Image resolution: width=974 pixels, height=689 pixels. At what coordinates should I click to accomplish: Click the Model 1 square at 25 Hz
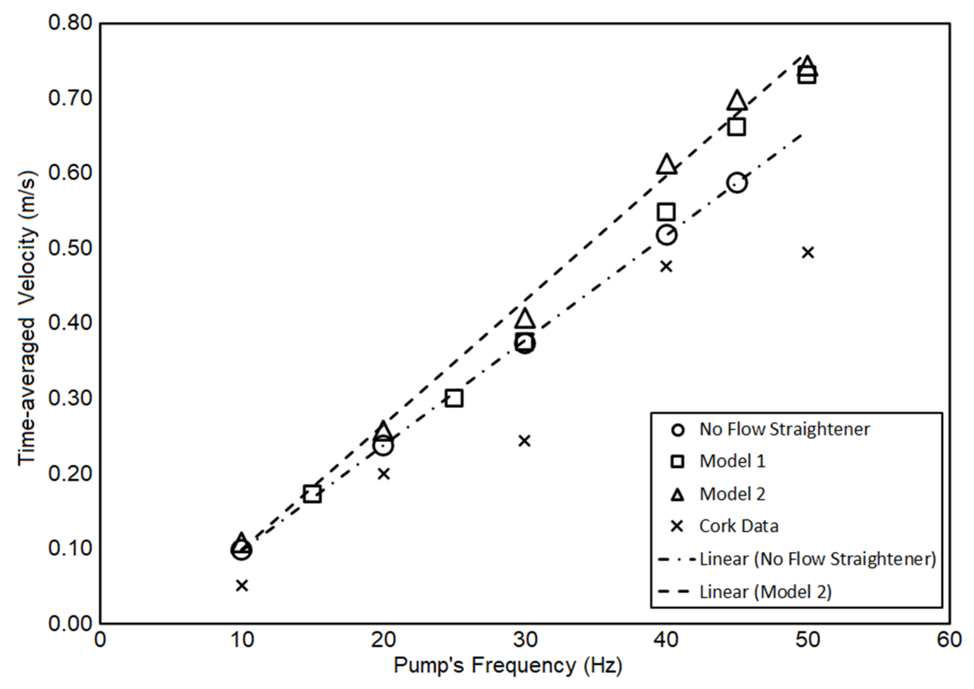tap(454, 399)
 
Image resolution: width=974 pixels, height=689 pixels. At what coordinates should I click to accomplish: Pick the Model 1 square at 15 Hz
tap(312, 494)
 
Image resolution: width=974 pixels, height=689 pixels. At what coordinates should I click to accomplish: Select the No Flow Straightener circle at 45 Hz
tap(737, 183)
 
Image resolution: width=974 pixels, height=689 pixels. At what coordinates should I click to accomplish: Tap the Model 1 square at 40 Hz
tap(666, 212)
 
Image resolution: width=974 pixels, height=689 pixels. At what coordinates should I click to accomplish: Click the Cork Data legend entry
tap(738, 526)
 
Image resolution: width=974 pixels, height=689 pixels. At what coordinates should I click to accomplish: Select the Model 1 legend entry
tap(732, 461)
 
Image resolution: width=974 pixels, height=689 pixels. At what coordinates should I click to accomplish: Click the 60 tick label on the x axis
tap(949, 640)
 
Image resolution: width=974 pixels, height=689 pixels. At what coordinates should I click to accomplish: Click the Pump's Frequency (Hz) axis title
tap(508, 665)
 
